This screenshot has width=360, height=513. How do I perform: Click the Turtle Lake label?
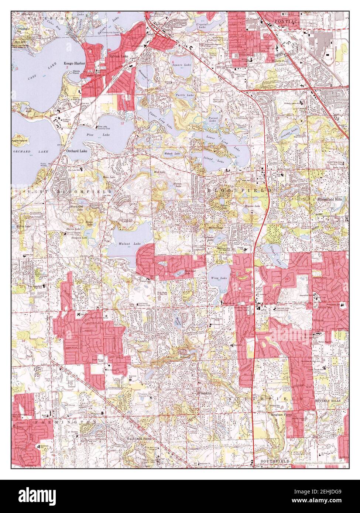tap(185, 95)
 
